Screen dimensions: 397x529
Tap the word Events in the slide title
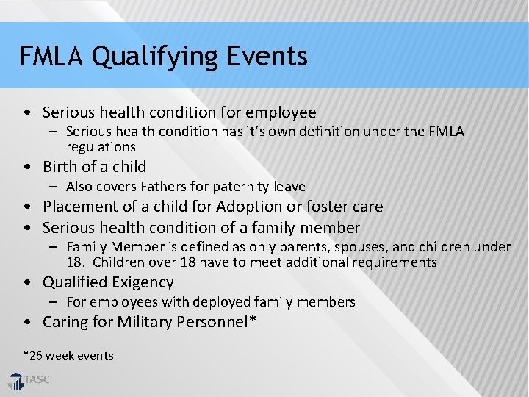[267, 56]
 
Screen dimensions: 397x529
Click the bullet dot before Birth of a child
[27, 167]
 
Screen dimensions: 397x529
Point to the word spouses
[325, 247]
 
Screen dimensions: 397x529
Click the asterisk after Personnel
[252, 320]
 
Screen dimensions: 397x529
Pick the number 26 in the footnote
[35, 356]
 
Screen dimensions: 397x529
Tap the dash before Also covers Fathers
[56, 187]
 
